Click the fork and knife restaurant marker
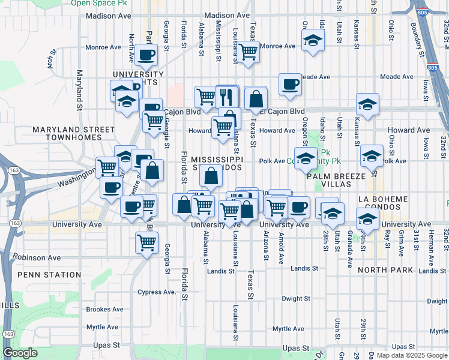(x=227, y=96)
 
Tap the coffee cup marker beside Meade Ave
(x=291, y=85)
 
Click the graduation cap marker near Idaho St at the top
(x=312, y=41)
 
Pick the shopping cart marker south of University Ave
(x=146, y=243)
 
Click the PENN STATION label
(x=49, y=275)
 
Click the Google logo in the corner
(x=20, y=353)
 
